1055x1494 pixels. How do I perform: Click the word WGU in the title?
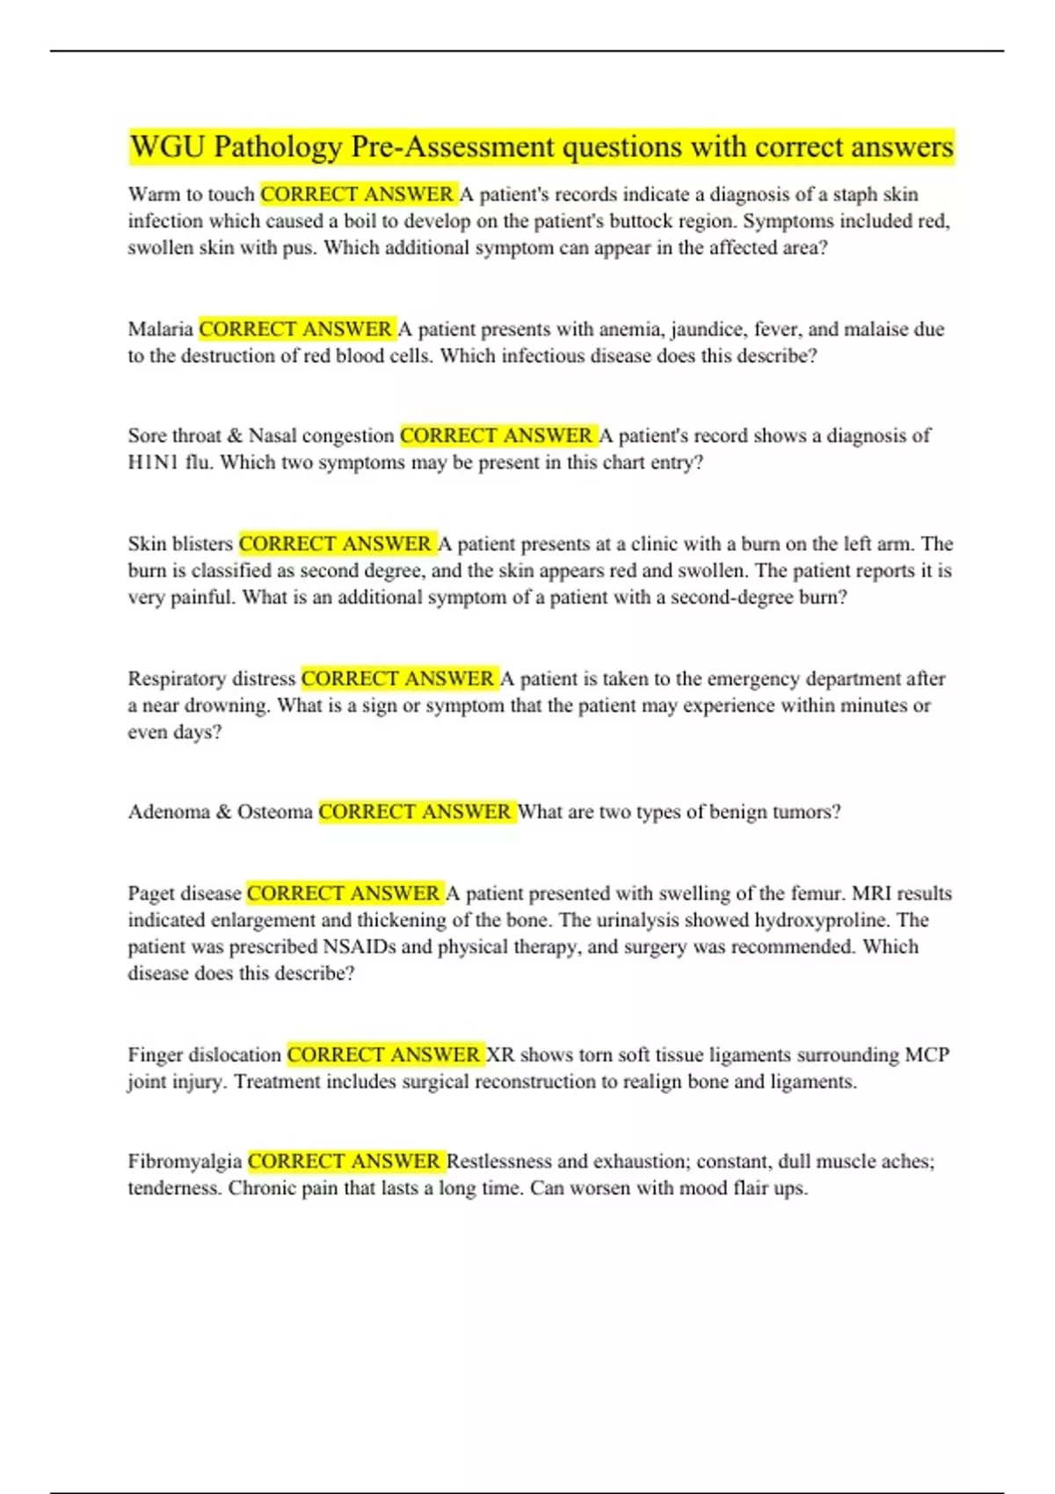pyautogui.click(x=167, y=147)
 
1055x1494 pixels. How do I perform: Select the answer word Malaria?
pyautogui.click(x=160, y=330)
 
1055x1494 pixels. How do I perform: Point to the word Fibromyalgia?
pyautogui.click(x=185, y=1162)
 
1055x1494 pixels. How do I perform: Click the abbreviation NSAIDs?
pyautogui.click(x=360, y=947)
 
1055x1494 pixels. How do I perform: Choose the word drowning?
pyautogui.click(x=226, y=706)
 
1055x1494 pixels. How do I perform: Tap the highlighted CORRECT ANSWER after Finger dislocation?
pyautogui.click(x=384, y=1055)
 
